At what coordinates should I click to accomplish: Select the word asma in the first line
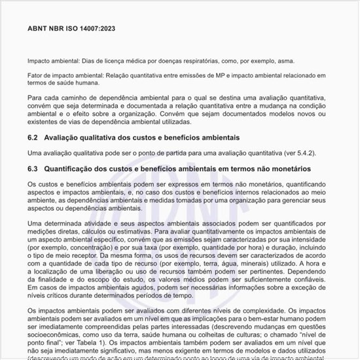coord(266,60)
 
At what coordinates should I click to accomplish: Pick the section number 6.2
coord(33,137)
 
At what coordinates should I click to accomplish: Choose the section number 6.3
coord(33,168)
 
